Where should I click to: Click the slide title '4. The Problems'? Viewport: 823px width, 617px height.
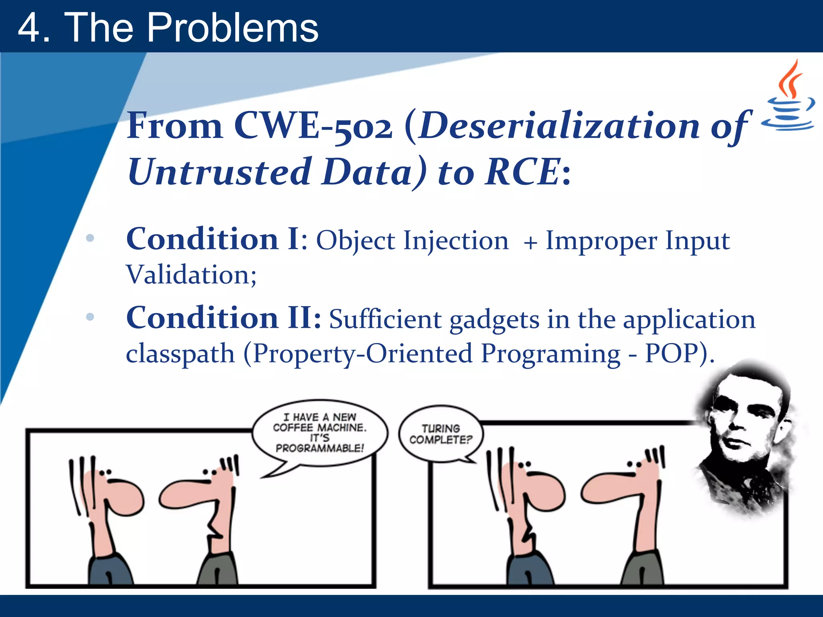pos(168,27)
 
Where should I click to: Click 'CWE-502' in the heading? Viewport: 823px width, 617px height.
pos(313,126)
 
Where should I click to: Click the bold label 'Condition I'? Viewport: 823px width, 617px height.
pos(212,239)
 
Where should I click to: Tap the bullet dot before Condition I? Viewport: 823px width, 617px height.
pos(90,238)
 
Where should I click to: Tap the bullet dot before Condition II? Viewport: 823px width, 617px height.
pos(90,317)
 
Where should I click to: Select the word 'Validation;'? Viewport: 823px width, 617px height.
pos(191,275)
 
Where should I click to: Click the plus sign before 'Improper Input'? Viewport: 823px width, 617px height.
pos(530,243)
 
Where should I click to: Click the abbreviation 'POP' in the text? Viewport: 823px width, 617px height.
pos(672,353)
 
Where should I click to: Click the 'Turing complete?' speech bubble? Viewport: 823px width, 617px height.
pos(441,434)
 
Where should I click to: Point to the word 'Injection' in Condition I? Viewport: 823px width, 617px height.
pos(456,241)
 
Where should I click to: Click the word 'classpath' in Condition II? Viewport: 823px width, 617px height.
pos(180,354)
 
